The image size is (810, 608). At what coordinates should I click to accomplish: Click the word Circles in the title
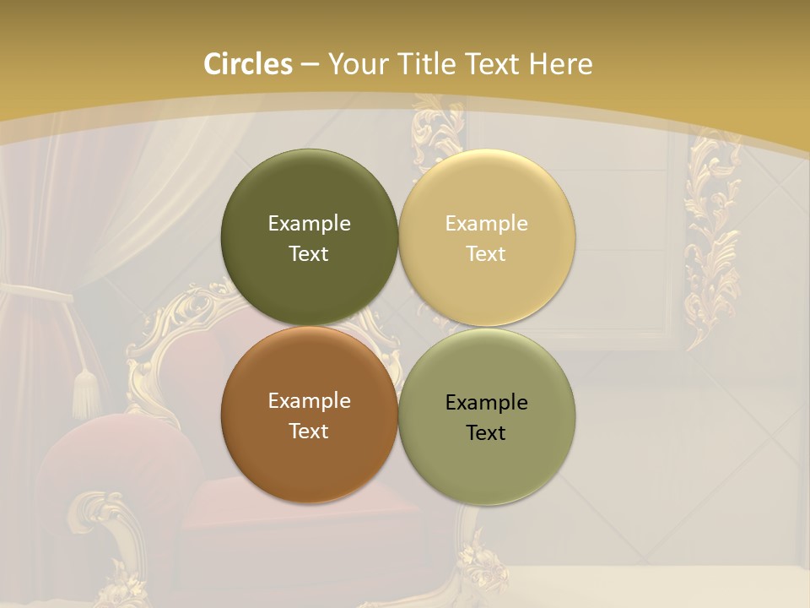coord(248,64)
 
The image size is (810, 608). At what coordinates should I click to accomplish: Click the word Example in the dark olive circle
coord(309,224)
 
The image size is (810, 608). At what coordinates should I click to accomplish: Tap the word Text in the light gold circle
coord(486,254)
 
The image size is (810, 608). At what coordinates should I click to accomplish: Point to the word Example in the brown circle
coord(309,401)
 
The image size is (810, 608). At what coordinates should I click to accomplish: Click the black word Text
coord(486,433)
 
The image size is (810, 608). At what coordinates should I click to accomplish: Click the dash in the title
coord(310,65)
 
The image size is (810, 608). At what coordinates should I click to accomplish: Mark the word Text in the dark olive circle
coord(309,254)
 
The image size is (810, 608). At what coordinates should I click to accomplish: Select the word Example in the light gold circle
coord(486,224)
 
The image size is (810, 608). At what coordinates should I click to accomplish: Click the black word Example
coord(486,403)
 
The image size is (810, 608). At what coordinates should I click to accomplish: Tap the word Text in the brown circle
coord(309,432)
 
